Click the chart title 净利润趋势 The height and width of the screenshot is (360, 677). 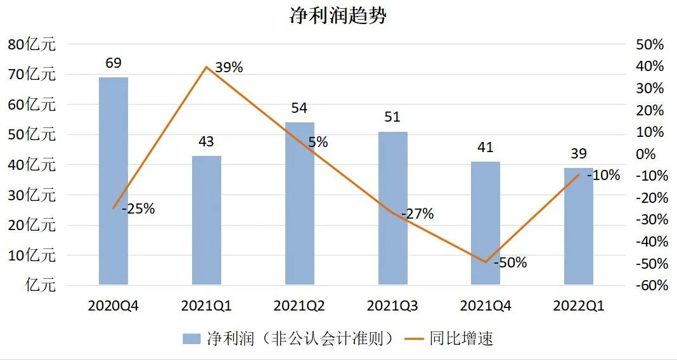338,16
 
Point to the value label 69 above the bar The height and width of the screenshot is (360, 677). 113,63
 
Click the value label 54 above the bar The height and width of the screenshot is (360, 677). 299,108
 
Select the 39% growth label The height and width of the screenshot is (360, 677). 229,67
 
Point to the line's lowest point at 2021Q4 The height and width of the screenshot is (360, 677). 486,262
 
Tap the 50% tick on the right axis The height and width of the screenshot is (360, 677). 650,45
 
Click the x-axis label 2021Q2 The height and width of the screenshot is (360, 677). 299,306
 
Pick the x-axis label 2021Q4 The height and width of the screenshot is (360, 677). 486,306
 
